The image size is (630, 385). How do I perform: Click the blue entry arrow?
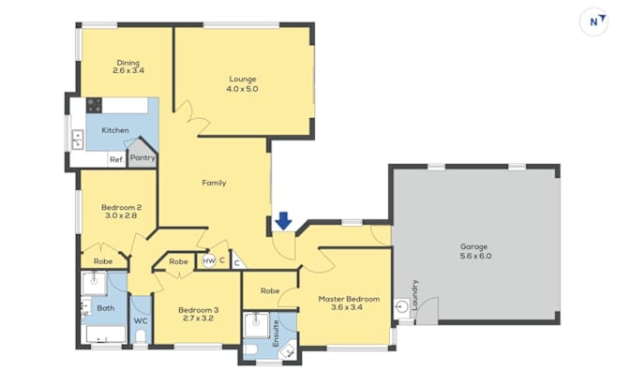click(x=283, y=221)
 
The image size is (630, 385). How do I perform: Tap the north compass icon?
click(x=593, y=22)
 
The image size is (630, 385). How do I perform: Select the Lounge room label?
click(x=243, y=79)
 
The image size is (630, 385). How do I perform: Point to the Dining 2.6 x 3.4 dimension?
click(x=128, y=70)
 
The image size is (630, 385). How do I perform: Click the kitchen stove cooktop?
click(x=94, y=105)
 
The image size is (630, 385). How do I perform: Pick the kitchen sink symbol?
click(x=77, y=140)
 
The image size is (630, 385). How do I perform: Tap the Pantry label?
click(x=142, y=157)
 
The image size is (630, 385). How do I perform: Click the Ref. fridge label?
click(x=116, y=159)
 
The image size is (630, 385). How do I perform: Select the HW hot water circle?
click(x=209, y=261)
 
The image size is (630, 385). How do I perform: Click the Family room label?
click(x=214, y=183)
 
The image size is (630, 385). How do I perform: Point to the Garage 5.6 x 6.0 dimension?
click(x=475, y=256)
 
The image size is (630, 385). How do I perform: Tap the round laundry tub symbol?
click(x=402, y=306)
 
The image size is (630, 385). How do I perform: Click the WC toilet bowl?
click(x=141, y=336)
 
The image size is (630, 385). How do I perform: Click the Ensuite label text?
click(x=276, y=333)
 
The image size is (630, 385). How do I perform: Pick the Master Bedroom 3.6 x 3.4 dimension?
click(x=347, y=307)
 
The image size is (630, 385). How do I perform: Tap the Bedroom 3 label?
click(x=199, y=310)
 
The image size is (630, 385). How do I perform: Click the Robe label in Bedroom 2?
click(x=103, y=261)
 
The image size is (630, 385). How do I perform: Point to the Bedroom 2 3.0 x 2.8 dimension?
click(x=121, y=215)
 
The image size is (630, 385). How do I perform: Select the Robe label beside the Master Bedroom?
click(x=270, y=290)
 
